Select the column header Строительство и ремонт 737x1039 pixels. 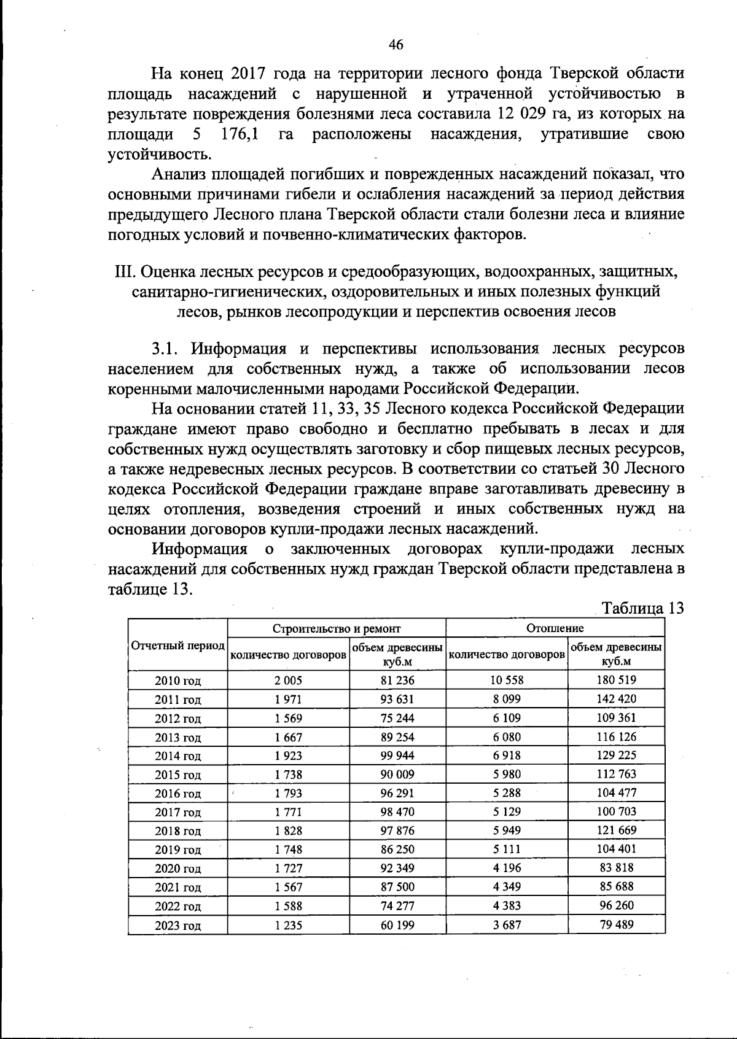pyautogui.click(x=337, y=628)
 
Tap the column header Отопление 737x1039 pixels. pyautogui.click(x=555, y=628)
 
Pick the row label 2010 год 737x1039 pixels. pyautogui.click(x=178, y=681)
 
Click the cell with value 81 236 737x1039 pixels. pyautogui.click(x=397, y=680)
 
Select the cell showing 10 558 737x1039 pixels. pyautogui.click(x=507, y=680)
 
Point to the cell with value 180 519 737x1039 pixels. pyautogui.click(x=617, y=680)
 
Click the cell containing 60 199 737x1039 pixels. pyautogui.click(x=397, y=925)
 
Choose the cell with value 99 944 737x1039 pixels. pyautogui.click(x=397, y=755)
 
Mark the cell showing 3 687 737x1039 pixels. pyautogui.click(x=507, y=925)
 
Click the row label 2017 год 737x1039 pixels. pyautogui.click(x=178, y=813)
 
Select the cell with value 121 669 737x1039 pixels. pyautogui.click(x=617, y=830)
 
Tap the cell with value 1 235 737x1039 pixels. pyautogui.click(x=288, y=925)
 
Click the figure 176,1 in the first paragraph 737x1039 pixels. pyautogui.click(x=240, y=134)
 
